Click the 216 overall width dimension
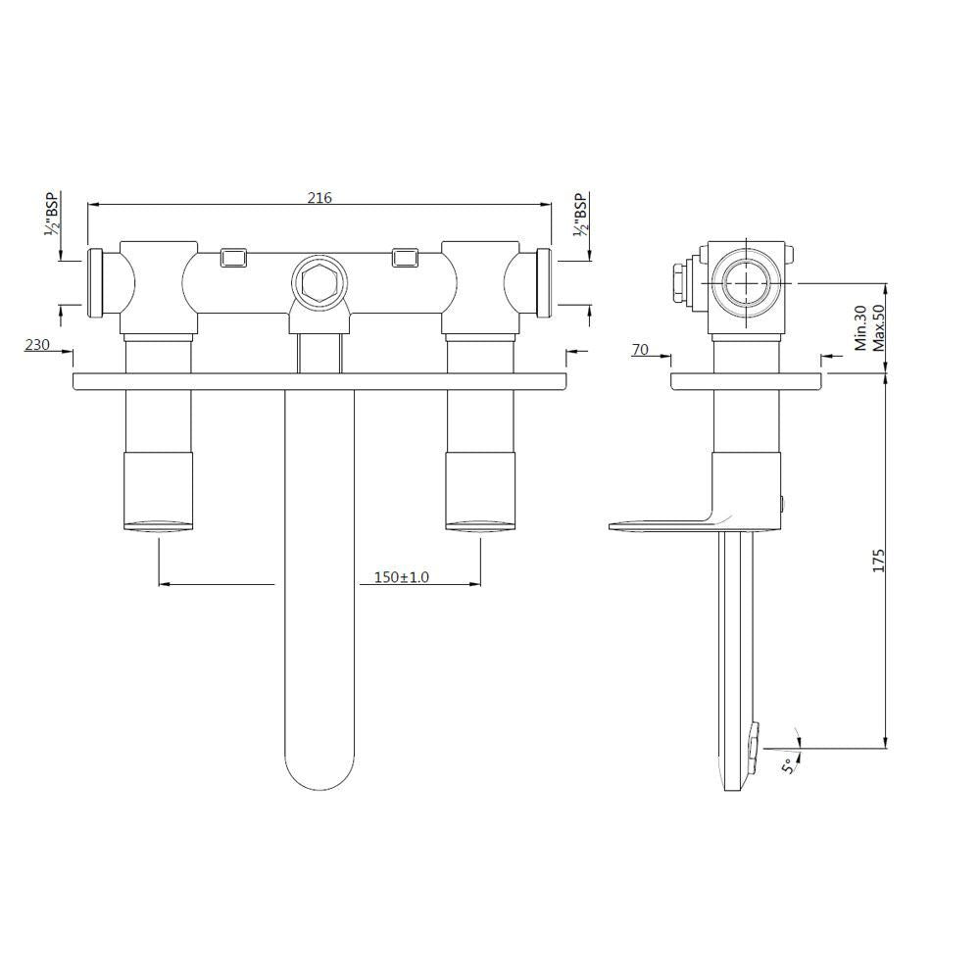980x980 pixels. click(319, 198)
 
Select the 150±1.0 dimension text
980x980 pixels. click(402, 578)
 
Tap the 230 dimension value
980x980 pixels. click(38, 344)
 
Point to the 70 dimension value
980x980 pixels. click(641, 349)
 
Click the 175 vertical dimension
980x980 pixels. click(879, 561)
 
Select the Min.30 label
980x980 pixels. click(859, 327)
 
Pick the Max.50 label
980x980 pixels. click(878, 327)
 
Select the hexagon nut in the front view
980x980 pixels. click(317, 282)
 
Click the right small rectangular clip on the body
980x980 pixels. click(405, 257)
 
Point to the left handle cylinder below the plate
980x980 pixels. click(159, 490)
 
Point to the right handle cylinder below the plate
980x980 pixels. click(479, 490)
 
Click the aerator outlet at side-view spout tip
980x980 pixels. click(752, 744)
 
